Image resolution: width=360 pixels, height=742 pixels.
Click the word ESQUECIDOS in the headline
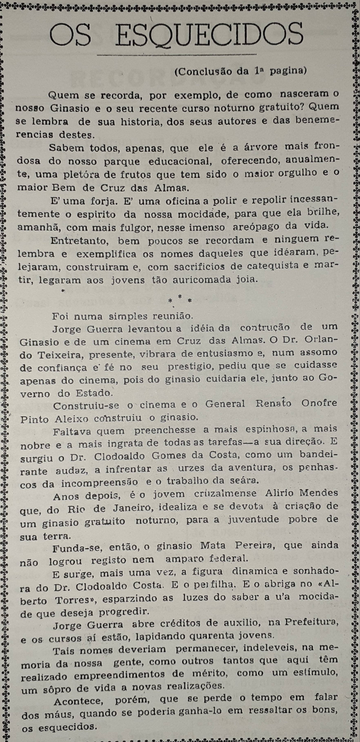tap(209, 34)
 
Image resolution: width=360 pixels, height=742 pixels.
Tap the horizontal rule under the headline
tap(177, 54)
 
